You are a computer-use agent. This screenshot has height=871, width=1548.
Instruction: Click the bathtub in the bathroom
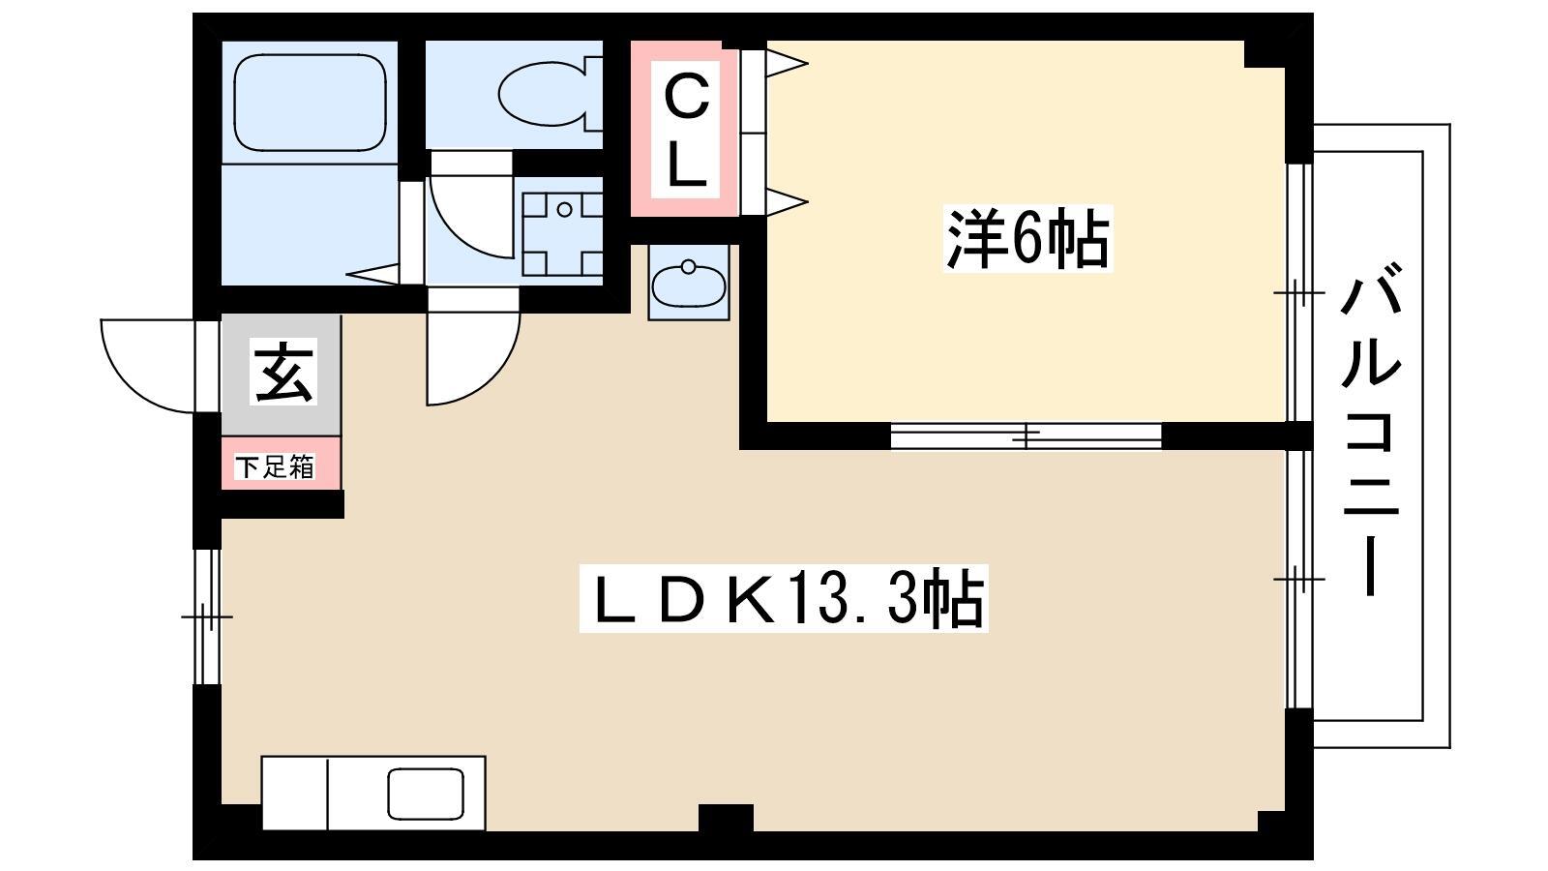[310, 103]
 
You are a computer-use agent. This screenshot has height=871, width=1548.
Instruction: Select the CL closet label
[686, 132]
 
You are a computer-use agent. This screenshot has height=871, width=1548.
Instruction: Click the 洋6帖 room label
[1027, 238]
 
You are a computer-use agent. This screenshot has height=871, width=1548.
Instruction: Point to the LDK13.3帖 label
[784, 598]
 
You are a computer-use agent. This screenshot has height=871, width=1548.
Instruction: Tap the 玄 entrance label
[283, 372]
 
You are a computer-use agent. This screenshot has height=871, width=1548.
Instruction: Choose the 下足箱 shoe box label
[275, 466]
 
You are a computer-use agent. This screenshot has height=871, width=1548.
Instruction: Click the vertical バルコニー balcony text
[1371, 429]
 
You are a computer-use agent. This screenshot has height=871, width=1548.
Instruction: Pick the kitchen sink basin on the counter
[425, 795]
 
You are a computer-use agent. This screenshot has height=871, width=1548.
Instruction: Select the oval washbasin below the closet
[689, 285]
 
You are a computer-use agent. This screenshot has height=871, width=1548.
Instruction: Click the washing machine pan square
[562, 234]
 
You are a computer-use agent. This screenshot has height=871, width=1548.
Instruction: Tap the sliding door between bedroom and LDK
[1026, 436]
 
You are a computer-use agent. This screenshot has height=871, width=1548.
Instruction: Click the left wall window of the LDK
[206, 616]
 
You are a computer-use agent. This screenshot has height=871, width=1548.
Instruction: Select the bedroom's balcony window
[1299, 292]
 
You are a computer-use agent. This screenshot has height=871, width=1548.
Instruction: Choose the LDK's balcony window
[1299, 579]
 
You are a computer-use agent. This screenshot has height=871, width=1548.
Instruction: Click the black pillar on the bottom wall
[726, 819]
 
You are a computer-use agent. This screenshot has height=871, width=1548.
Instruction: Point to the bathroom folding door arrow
[373, 274]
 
